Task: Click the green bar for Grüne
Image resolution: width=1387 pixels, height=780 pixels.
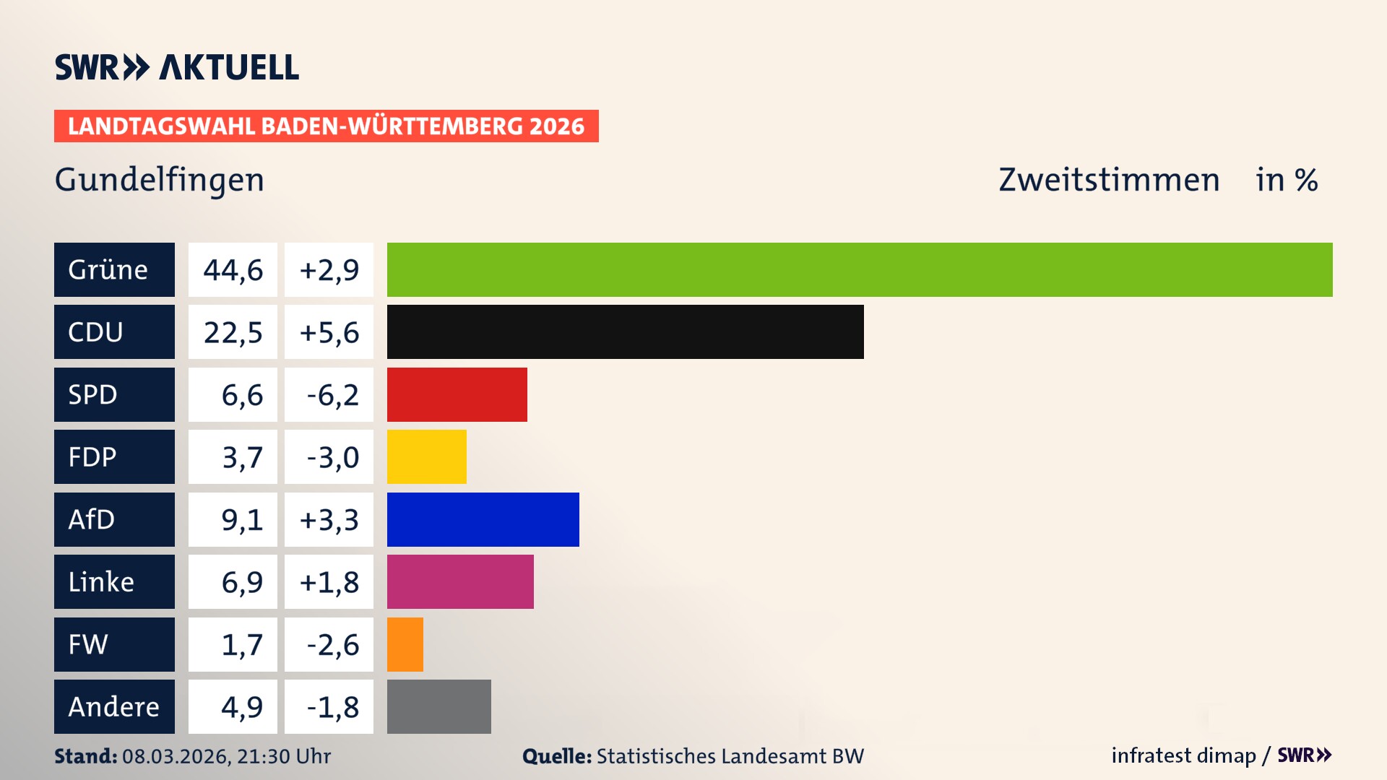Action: (860, 269)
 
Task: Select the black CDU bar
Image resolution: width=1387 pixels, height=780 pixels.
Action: (625, 331)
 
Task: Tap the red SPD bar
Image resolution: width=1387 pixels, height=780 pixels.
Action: (457, 394)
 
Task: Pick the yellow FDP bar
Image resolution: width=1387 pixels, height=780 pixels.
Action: (426, 456)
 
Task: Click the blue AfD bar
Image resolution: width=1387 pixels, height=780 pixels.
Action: (483, 519)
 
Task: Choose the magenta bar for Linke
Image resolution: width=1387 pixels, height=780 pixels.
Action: (460, 581)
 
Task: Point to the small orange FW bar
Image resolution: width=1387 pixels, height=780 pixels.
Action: (405, 644)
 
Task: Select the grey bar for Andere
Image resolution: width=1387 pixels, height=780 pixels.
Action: (438, 706)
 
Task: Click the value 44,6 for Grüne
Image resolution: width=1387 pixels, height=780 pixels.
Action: (233, 270)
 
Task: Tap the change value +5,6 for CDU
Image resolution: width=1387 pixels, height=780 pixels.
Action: (329, 332)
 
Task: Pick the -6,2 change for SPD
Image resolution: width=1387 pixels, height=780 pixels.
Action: (332, 395)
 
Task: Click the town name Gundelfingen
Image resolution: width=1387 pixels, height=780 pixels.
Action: (160, 180)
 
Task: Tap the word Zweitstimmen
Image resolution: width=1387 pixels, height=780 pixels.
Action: (1108, 180)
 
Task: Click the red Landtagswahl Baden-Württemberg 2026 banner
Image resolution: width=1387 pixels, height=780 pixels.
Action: (326, 126)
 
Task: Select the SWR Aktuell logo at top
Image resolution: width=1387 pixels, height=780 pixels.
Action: (176, 67)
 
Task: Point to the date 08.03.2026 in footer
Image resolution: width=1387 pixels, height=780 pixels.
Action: (176, 756)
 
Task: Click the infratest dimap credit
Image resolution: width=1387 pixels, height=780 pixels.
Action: (1183, 755)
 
